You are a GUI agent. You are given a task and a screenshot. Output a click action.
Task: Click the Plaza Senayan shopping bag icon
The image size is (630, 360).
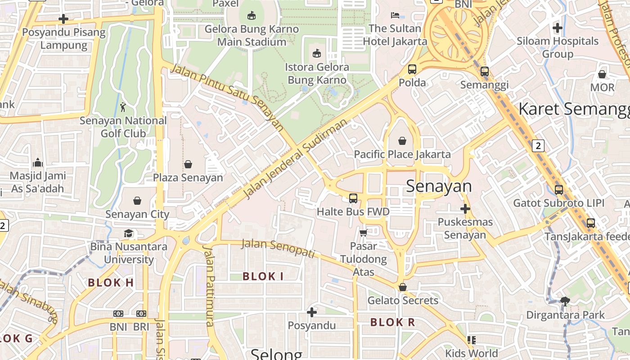(188, 165)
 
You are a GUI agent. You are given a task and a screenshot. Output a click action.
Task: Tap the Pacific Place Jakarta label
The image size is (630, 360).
(402, 154)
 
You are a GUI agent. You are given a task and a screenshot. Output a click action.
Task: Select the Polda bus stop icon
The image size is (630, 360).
(412, 69)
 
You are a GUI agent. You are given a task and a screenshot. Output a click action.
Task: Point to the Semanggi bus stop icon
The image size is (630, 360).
(485, 72)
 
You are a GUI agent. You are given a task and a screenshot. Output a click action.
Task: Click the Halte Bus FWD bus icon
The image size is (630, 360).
(353, 198)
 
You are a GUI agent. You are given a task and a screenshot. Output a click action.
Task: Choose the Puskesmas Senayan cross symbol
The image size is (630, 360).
(465, 209)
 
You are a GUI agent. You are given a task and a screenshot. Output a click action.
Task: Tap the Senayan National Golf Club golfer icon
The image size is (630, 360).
(123, 107)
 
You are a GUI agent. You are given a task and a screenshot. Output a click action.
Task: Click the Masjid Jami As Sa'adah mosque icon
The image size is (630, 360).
(38, 162)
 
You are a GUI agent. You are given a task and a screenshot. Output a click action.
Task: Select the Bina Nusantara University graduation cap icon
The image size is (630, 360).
(129, 233)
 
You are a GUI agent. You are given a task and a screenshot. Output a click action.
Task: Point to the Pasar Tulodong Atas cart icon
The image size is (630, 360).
(364, 233)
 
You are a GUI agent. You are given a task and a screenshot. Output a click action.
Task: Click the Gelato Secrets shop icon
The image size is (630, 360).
(403, 287)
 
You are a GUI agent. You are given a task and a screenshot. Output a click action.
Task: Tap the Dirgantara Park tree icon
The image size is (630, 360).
(565, 301)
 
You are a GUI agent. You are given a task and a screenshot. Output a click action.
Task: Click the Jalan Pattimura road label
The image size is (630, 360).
(210, 285)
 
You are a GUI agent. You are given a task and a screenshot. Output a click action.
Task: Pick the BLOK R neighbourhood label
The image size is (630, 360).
(392, 322)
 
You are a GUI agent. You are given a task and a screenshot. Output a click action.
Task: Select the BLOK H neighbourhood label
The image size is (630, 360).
(111, 283)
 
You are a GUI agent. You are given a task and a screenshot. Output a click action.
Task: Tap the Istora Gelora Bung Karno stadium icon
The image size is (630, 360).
(317, 54)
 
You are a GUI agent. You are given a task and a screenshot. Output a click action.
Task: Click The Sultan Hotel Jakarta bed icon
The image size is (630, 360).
(395, 15)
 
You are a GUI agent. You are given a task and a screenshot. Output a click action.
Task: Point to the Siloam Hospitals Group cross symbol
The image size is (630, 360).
(558, 28)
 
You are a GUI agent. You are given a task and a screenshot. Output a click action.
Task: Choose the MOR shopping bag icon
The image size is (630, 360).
(602, 74)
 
